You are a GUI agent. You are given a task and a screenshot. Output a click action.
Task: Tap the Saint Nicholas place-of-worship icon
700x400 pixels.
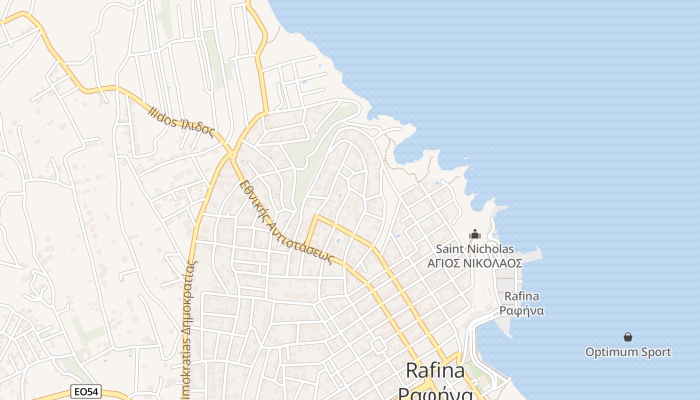pyautogui.click(x=474, y=234)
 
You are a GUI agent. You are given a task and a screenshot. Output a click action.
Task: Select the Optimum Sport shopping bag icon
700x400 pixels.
pyautogui.click(x=628, y=337)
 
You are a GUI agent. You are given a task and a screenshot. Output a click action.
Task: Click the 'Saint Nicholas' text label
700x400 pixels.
pyautogui.click(x=474, y=248)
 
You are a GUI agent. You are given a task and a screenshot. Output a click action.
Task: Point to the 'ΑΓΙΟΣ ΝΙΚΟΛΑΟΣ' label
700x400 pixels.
pyautogui.click(x=474, y=263)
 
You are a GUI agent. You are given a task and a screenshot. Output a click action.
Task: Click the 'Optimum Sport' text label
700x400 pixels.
pyautogui.click(x=628, y=352)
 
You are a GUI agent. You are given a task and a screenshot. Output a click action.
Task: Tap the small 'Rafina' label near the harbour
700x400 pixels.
pyautogui.click(x=521, y=296)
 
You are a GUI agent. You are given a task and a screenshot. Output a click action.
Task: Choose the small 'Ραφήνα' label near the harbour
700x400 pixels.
pyautogui.click(x=521, y=311)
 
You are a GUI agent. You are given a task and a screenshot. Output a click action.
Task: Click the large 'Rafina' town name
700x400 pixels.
pyautogui.click(x=435, y=370)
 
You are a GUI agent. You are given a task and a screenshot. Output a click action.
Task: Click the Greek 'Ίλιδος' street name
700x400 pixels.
pyautogui.click(x=197, y=128)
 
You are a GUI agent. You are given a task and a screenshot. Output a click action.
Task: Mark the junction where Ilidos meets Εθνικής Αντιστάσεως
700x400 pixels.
pyautogui.click(x=231, y=154)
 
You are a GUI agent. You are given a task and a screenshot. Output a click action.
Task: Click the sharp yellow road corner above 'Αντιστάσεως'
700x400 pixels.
pyautogui.click(x=316, y=217)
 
